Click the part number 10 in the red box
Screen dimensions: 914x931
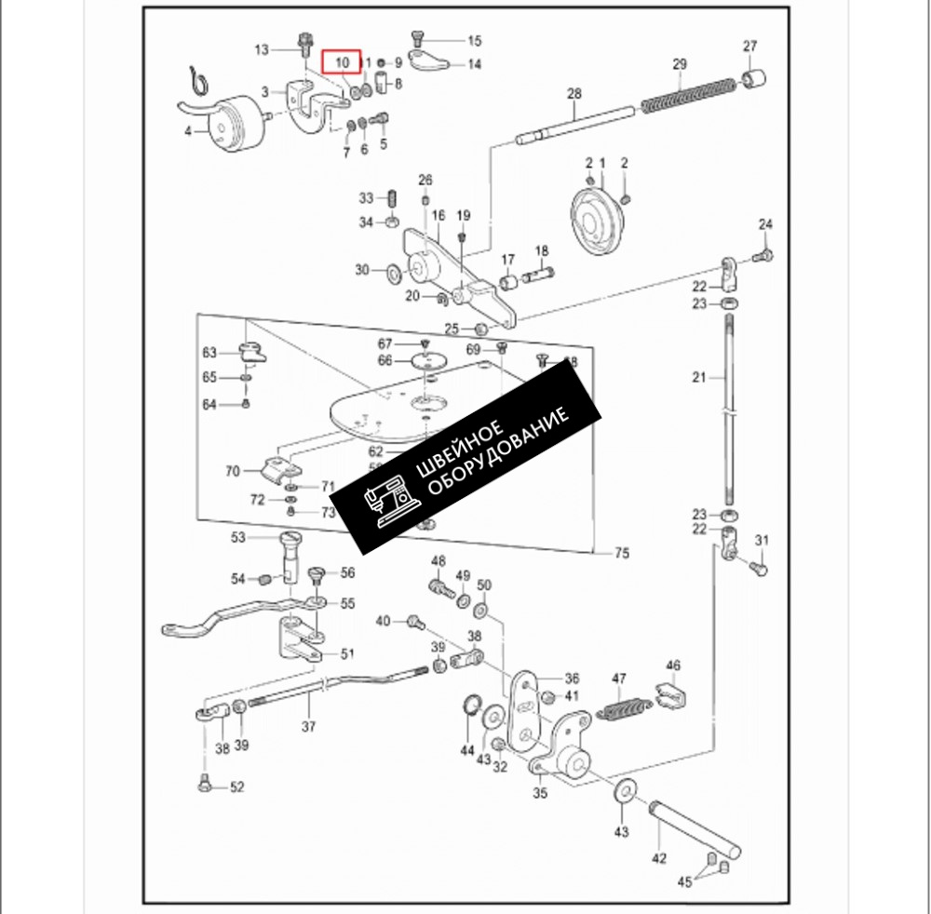[x=342, y=62]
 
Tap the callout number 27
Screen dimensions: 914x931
[x=750, y=47]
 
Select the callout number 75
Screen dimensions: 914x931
[x=621, y=554]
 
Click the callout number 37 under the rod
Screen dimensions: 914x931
[x=308, y=726]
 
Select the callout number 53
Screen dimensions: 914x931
[x=238, y=537]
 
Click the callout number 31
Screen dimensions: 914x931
[x=762, y=541]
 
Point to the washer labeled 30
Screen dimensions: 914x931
[x=394, y=273]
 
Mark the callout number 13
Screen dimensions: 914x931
[x=261, y=48]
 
